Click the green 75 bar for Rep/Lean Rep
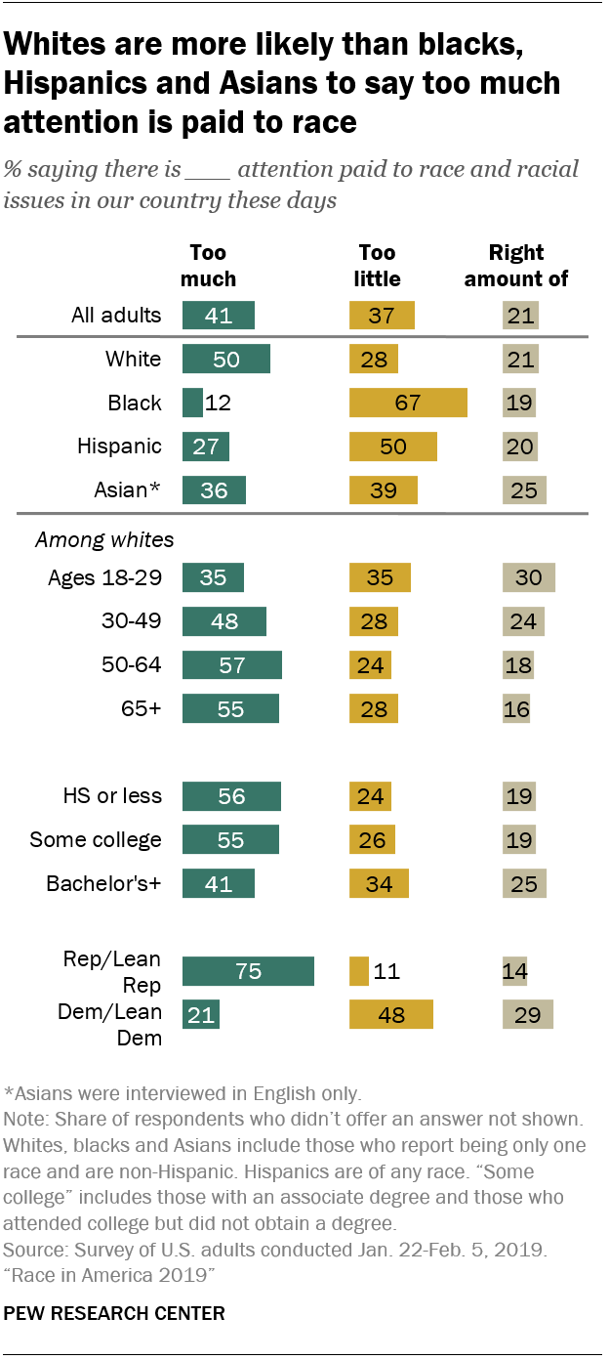[x=248, y=971]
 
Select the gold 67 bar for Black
[x=408, y=403]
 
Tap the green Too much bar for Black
[x=192, y=403]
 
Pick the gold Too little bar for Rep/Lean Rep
[x=358, y=971]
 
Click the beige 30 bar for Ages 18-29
[x=528, y=577]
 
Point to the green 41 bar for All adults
[x=219, y=315]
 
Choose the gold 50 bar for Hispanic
[x=392, y=446]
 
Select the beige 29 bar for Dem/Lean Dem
[x=527, y=1015]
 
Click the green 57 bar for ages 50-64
[x=232, y=665]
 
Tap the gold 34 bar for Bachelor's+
[x=379, y=884]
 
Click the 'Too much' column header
[x=208, y=266]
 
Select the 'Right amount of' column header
[x=516, y=266]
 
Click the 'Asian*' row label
[x=121, y=490]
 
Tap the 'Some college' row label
[x=96, y=840]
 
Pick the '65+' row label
[x=142, y=709]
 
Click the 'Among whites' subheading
[x=91, y=538]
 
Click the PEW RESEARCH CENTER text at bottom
[x=114, y=1314]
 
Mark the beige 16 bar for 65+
[x=516, y=709]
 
